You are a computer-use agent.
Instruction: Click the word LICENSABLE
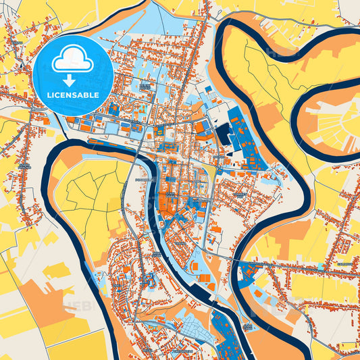tap(72, 95)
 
